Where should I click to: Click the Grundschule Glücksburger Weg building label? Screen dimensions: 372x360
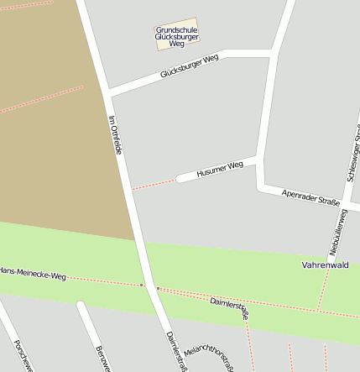(176, 35)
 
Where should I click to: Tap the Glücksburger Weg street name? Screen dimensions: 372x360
(189, 67)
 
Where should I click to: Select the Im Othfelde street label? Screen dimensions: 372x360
(116, 134)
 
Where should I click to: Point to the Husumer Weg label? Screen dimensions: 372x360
(219, 169)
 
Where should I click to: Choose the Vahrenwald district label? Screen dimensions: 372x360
(325, 265)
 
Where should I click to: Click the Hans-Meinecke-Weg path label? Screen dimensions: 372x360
(32, 273)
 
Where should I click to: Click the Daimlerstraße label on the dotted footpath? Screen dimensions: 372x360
(229, 307)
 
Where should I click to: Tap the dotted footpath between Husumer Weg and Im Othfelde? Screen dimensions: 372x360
(154, 184)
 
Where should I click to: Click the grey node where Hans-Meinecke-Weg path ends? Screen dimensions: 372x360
(142, 286)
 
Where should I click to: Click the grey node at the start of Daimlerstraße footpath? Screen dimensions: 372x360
(158, 288)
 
